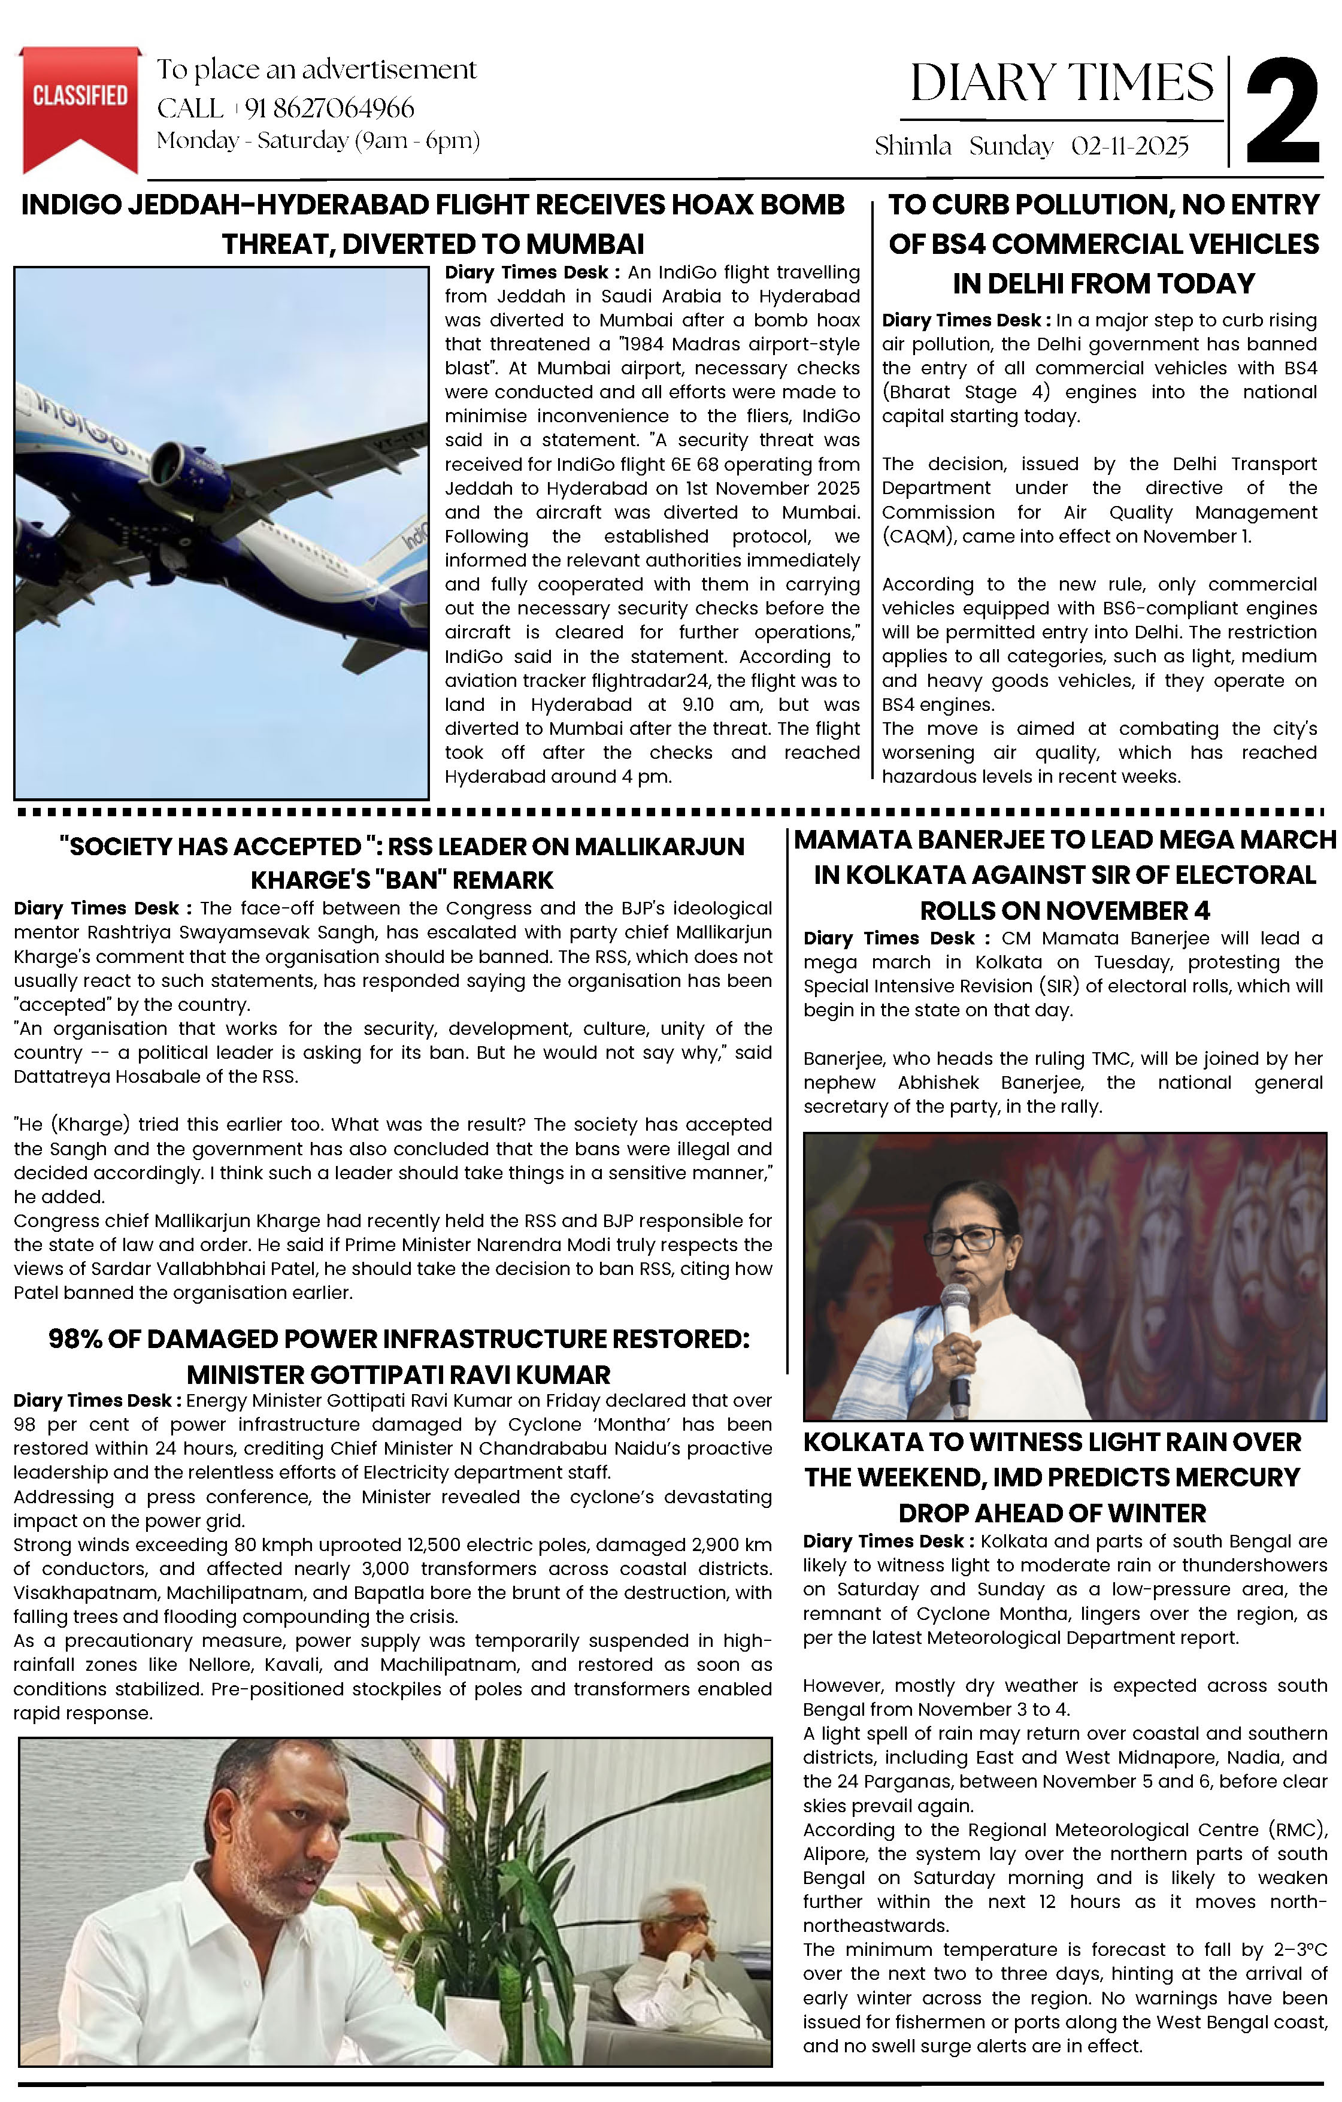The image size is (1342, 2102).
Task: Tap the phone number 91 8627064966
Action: (x=329, y=108)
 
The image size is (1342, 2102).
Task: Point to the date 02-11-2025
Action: (x=1130, y=146)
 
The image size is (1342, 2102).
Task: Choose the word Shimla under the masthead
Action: (x=913, y=146)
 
